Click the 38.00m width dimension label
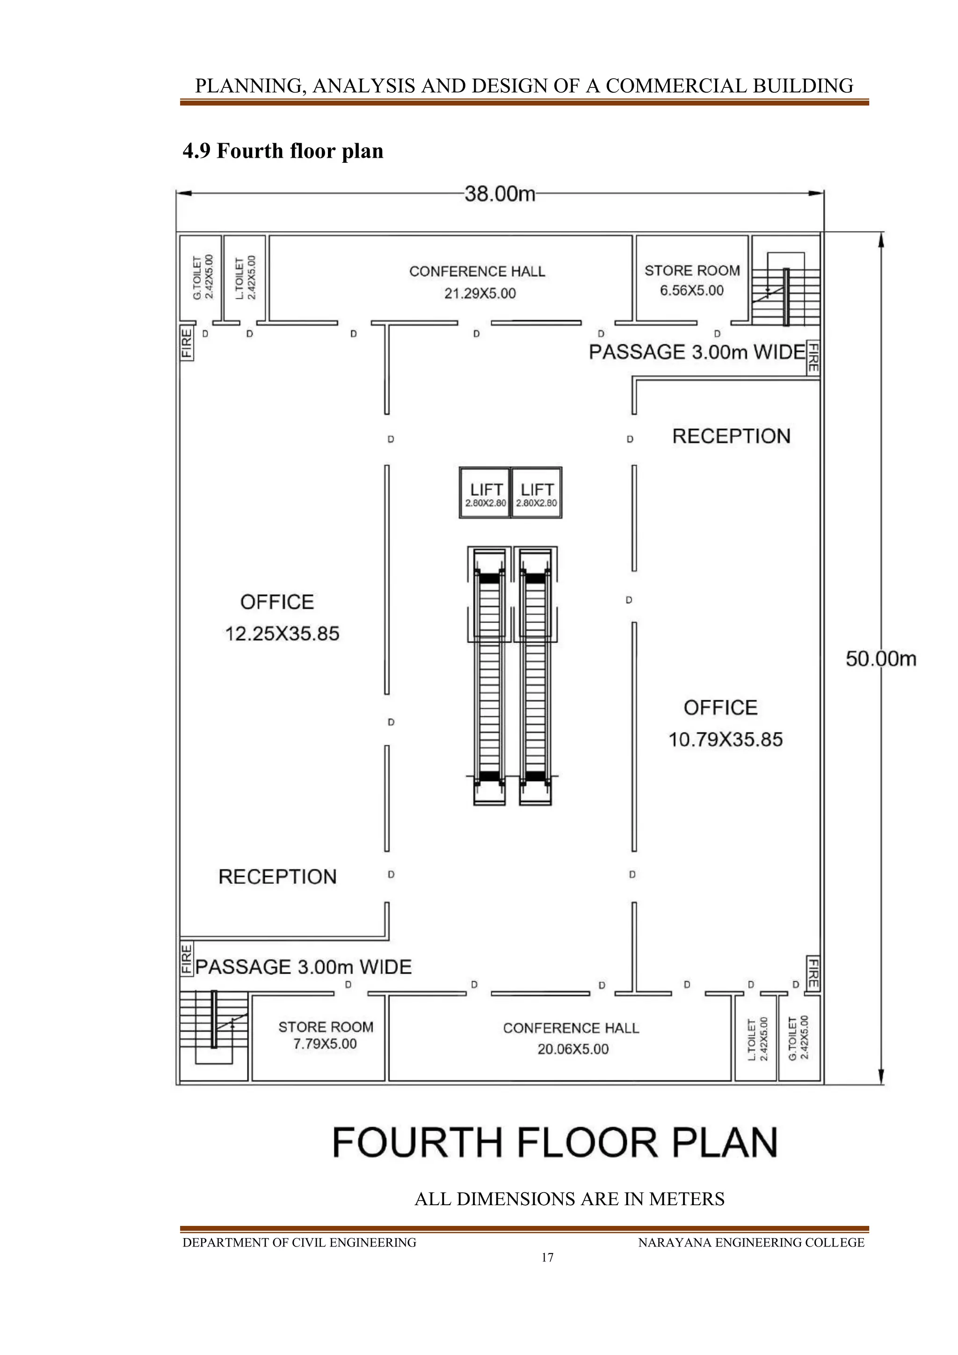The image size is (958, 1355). pyautogui.click(x=499, y=194)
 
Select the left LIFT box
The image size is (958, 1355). pyautogui.click(x=485, y=493)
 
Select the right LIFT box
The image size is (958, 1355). pyautogui.click(x=536, y=493)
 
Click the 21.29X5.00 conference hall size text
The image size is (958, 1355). pyautogui.click(x=479, y=293)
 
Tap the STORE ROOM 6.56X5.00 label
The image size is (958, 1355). pyautogui.click(x=692, y=280)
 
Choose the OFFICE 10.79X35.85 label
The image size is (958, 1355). pyautogui.click(x=725, y=723)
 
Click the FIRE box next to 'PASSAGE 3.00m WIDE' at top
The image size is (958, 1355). pyautogui.click(x=813, y=357)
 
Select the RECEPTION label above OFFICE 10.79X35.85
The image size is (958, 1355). pyautogui.click(x=731, y=436)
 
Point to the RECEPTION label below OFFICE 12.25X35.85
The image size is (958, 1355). pyautogui.click(x=277, y=876)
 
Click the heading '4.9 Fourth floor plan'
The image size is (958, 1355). pyautogui.click(x=283, y=151)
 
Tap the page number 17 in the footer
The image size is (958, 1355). pyautogui.click(x=547, y=1258)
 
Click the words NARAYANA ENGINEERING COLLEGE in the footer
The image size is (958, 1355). pyautogui.click(x=750, y=1242)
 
